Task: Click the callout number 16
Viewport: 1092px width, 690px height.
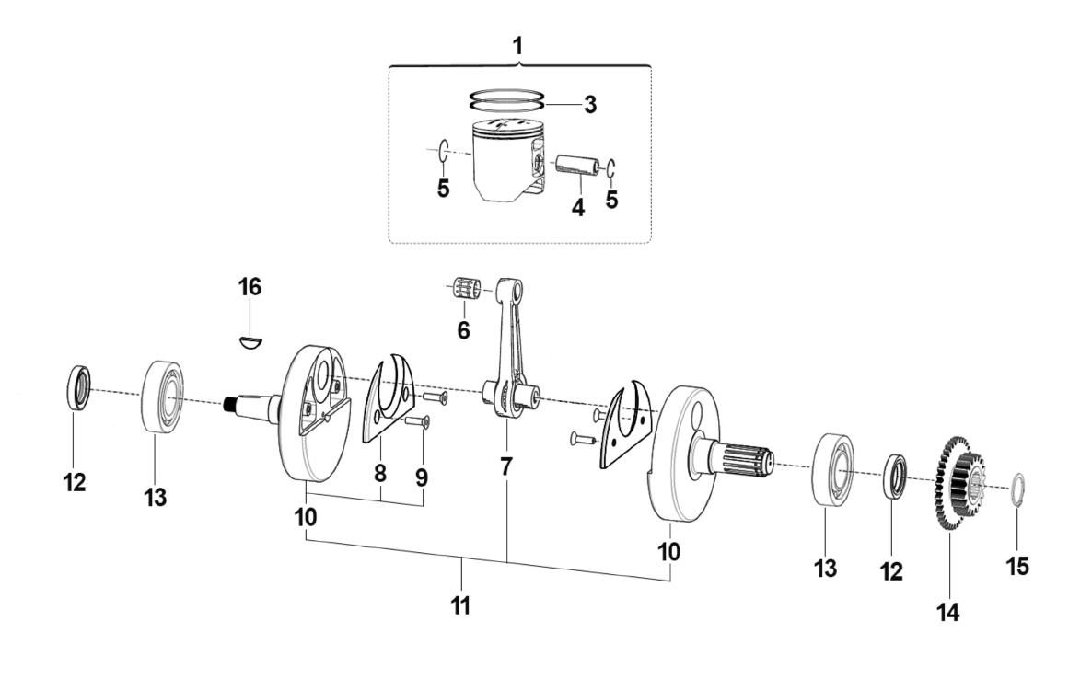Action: (250, 287)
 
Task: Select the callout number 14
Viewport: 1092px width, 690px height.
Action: (948, 610)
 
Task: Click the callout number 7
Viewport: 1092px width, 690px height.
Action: (505, 466)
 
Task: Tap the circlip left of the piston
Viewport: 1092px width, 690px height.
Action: (443, 150)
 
